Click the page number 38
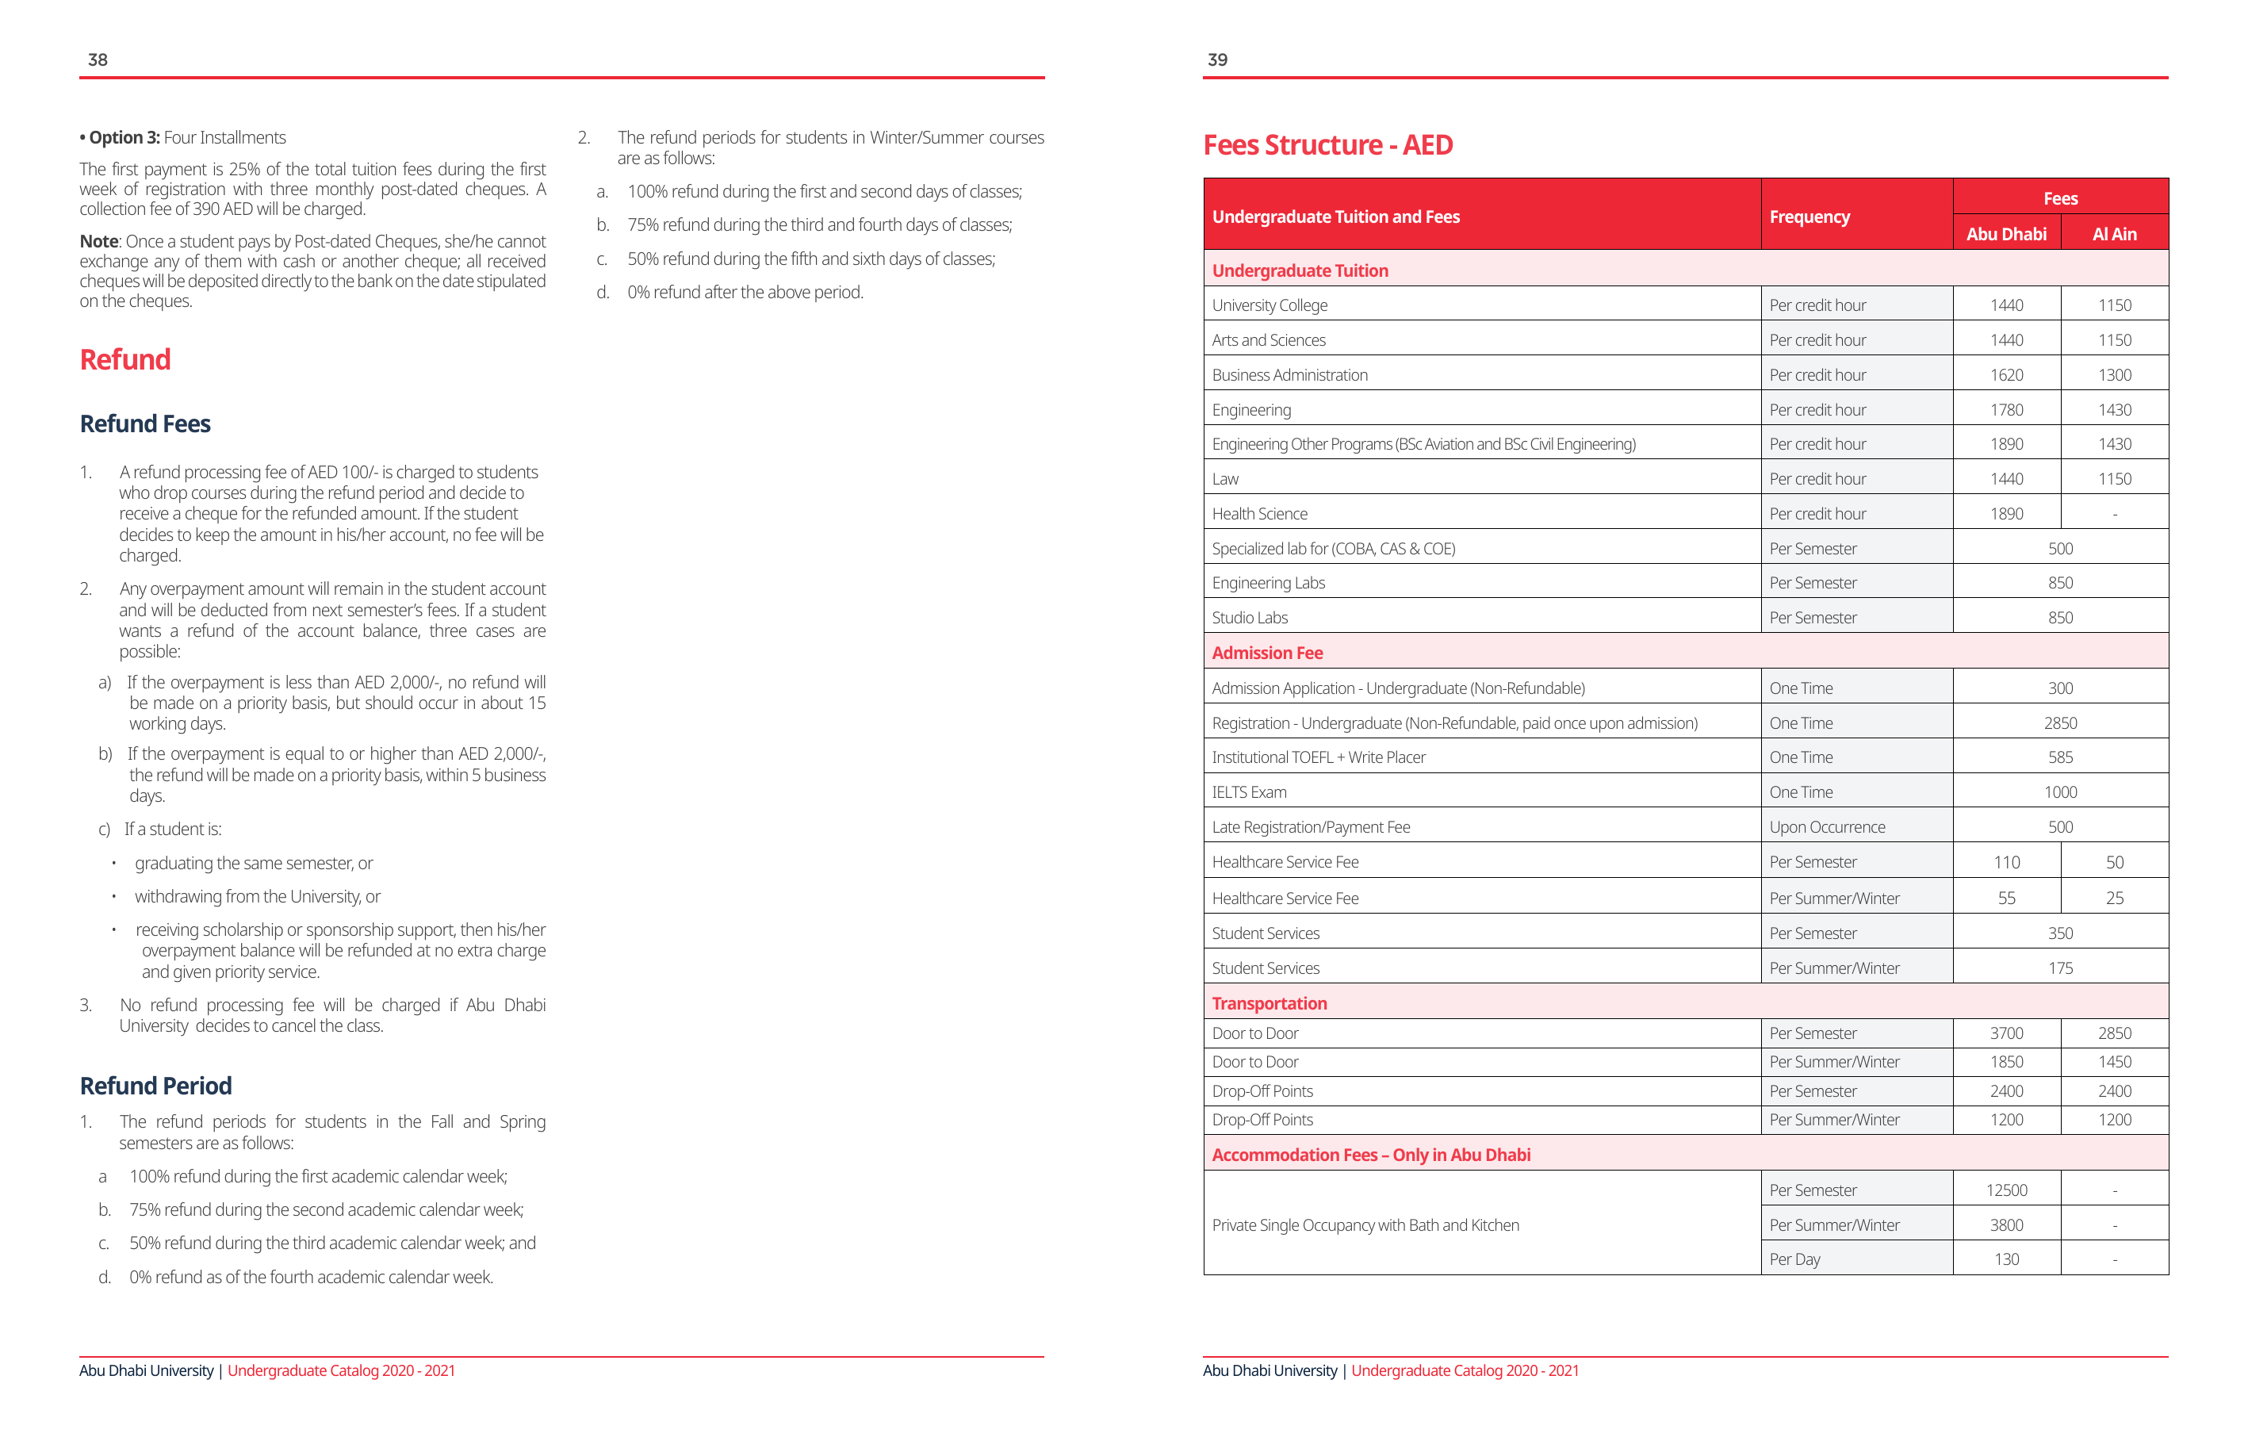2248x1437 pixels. (x=98, y=59)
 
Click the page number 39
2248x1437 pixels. (x=1217, y=59)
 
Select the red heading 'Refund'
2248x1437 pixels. (x=125, y=359)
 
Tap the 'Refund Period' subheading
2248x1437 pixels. (x=156, y=1086)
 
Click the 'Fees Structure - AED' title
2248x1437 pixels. (x=1327, y=146)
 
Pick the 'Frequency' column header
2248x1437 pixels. (x=1810, y=217)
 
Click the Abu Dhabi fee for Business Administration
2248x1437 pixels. (x=2006, y=375)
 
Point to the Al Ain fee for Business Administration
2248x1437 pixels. (x=2115, y=375)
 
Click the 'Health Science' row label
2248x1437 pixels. (x=1259, y=515)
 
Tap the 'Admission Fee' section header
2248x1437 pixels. (x=1267, y=653)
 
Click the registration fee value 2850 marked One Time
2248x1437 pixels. (x=2060, y=723)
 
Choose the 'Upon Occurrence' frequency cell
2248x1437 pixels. (x=1827, y=827)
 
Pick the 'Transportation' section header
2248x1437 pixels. (x=1269, y=1004)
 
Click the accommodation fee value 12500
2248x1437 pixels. (x=2006, y=1190)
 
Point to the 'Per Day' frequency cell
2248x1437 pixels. (x=1794, y=1259)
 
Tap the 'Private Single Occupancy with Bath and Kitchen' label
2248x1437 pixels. (x=1365, y=1225)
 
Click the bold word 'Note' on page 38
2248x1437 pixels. (x=99, y=242)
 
